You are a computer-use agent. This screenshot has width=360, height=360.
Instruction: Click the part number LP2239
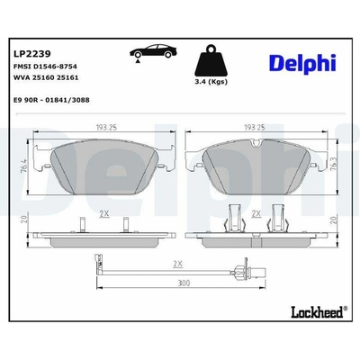[32, 54]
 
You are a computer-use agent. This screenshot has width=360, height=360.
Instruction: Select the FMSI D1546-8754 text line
[45, 67]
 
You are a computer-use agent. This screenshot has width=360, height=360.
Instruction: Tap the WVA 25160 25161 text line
[46, 77]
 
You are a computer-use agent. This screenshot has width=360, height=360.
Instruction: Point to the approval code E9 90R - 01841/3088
[51, 100]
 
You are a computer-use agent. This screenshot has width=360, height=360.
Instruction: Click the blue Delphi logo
[302, 63]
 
